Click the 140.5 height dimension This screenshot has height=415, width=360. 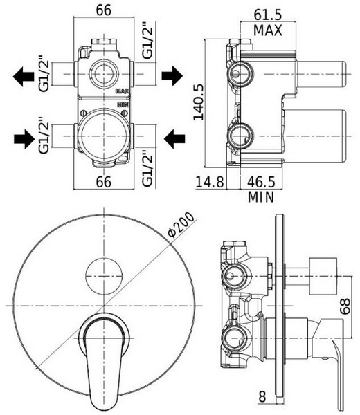pyautogui.click(x=199, y=102)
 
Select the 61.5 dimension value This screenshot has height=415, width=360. pyautogui.click(x=267, y=15)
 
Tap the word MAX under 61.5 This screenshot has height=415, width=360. pyautogui.click(x=267, y=30)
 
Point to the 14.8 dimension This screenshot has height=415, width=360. pyautogui.click(x=210, y=182)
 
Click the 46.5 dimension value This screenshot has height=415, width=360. pyautogui.click(x=261, y=182)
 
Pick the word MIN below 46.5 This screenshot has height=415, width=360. pyautogui.click(x=261, y=197)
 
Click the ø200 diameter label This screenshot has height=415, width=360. pyautogui.click(x=181, y=225)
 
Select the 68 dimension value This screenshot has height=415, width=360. pyautogui.click(x=345, y=306)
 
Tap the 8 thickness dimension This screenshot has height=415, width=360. pyautogui.click(x=262, y=396)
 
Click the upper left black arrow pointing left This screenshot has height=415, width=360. pyautogui.click(x=24, y=76)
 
